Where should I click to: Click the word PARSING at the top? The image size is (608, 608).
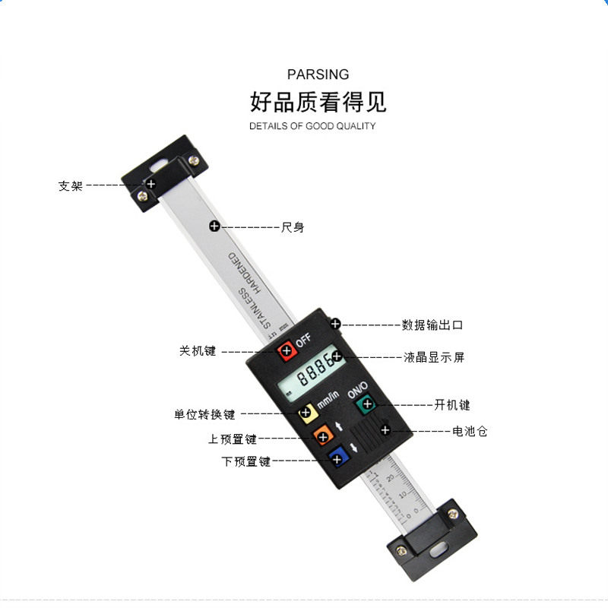[318, 74]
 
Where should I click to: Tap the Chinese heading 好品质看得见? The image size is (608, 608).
[318, 102]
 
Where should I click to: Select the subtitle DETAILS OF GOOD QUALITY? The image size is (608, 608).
[312, 126]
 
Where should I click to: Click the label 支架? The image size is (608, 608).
[71, 185]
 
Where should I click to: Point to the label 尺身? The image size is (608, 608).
[293, 227]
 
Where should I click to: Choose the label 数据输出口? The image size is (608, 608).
[432, 325]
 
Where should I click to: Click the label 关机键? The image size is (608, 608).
[198, 351]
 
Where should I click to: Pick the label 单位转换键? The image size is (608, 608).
[204, 415]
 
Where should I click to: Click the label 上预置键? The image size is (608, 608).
[233, 439]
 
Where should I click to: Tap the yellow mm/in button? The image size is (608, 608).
[306, 413]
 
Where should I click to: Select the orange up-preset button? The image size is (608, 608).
[323, 436]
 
